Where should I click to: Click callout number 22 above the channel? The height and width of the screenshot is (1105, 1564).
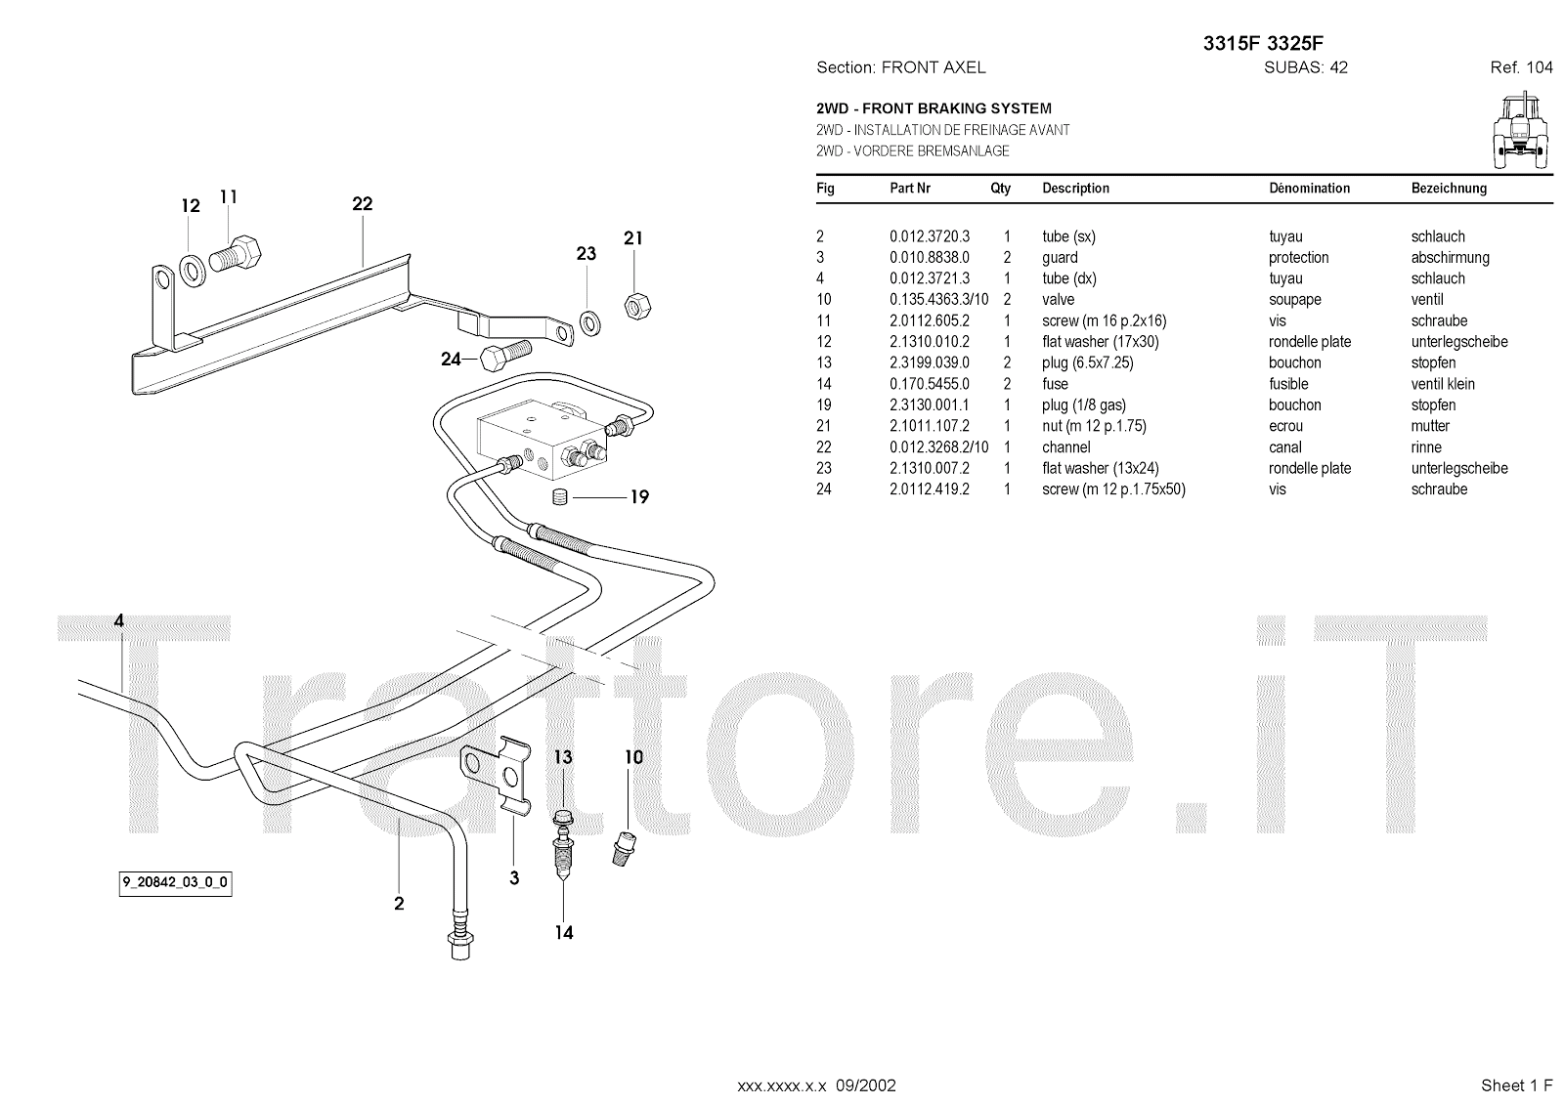pos(363,204)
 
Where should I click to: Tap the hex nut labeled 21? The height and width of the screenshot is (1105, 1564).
pos(638,306)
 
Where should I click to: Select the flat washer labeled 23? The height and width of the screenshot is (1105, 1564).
pos(589,321)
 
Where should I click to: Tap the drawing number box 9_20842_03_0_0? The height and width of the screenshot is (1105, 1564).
pos(176,883)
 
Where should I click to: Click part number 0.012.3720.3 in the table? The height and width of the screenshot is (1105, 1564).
pos(930,236)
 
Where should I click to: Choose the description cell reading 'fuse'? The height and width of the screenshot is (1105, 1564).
pos(1056,384)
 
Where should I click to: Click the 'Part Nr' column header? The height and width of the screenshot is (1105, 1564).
pos(910,189)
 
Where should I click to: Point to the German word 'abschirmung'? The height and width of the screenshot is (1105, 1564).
pos(1450,258)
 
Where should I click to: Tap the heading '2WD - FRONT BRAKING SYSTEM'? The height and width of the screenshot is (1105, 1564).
pos(934,108)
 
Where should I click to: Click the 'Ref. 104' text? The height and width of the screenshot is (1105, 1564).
pos(1521,67)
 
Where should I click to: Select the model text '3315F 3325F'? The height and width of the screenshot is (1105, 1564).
pos(1263,43)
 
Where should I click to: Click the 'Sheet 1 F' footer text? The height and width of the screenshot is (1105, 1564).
pos(1516,1084)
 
